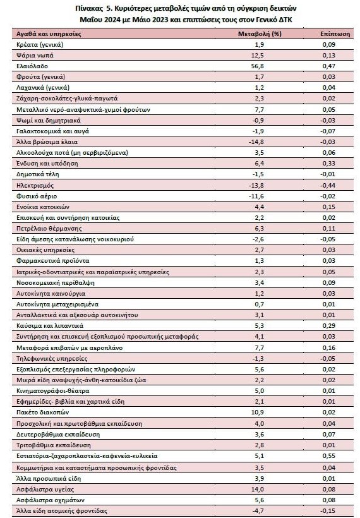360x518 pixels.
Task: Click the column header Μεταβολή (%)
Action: coord(260,33)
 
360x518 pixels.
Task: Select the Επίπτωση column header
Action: coord(335,33)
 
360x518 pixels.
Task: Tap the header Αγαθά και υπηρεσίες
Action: coord(49,34)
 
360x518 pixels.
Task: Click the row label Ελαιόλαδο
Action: coord(32,66)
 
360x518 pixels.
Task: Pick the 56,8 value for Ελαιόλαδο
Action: coord(258,66)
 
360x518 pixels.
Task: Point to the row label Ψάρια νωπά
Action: coord(35,55)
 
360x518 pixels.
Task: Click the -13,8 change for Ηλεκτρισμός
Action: coord(256,185)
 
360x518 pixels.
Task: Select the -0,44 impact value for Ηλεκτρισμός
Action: coord(328,185)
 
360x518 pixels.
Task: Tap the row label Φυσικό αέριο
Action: coord(37,196)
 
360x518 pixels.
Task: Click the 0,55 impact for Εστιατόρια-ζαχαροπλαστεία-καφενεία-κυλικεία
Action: coord(329,456)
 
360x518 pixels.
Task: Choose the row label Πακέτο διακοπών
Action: coord(42,413)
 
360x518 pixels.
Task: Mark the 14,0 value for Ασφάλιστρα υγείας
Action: coord(258,490)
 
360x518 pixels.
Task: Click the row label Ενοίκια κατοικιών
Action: coord(43,207)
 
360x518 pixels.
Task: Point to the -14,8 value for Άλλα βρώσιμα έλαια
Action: coord(256,142)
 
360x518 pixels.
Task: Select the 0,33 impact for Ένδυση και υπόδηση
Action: coord(329,164)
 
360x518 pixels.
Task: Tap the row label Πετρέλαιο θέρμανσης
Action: coord(49,229)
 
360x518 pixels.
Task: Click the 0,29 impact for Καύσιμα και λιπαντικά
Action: coord(329,326)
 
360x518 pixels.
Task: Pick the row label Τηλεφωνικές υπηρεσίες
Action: coord(52,358)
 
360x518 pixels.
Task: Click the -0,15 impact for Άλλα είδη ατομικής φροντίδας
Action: coord(328,510)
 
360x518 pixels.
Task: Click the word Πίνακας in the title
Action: coord(87,8)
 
